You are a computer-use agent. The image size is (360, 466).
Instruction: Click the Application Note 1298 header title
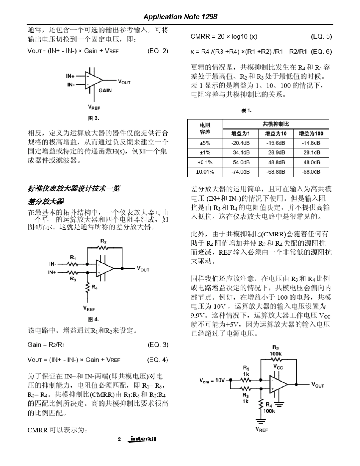(x=180, y=17)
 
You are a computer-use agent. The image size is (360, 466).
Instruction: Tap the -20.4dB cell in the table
(x=241, y=143)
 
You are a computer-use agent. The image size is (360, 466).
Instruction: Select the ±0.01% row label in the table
(x=205, y=172)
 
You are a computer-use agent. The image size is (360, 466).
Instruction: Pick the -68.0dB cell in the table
(x=311, y=172)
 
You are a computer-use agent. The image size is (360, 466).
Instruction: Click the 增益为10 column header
(x=275, y=133)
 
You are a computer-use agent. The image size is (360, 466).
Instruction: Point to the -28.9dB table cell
(x=275, y=153)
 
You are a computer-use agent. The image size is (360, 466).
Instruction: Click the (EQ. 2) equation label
(x=158, y=51)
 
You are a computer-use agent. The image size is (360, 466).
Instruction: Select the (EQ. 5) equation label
(x=321, y=37)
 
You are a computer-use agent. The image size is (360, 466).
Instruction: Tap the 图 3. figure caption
(x=93, y=118)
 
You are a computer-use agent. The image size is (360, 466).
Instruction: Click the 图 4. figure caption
(x=93, y=319)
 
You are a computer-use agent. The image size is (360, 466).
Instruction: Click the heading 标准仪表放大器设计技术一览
(x=74, y=188)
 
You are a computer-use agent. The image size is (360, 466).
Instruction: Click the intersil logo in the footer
(x=143, y=439)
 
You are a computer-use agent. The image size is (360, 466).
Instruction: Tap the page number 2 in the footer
(x=119, y=439)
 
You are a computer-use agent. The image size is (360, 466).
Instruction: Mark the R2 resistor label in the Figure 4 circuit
(x=103, y=241)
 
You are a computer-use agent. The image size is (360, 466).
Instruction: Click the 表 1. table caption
(x=246, y=111)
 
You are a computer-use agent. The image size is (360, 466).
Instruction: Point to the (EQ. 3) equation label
(x=158, y=345)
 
